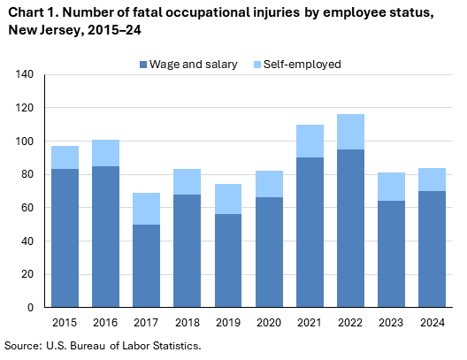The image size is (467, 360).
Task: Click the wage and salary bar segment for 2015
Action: (65, 238)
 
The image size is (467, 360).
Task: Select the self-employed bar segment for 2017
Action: (146, 209)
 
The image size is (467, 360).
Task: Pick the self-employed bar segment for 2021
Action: (309, 142)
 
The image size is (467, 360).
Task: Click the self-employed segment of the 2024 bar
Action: (431, 180)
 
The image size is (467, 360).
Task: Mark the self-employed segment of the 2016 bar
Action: (105, 153)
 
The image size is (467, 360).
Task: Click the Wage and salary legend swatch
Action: (142, 65)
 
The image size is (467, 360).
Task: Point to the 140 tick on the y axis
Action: (24, 75)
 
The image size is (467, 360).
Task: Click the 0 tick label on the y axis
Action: (30, 307)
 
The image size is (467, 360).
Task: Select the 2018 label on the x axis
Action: (187, 322)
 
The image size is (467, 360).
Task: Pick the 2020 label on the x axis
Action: (268, 322)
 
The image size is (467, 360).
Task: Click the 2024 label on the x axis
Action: (431, 322)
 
